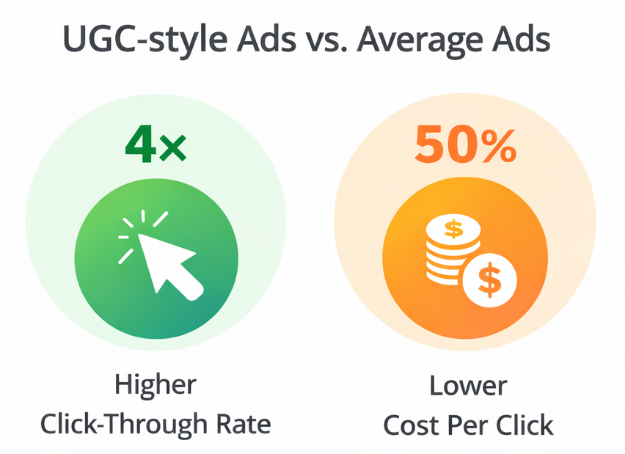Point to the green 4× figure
(x=155, y=144)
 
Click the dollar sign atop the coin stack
(x=454, y=229)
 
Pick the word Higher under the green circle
(x=156, y=387)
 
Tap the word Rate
(x=244, y=424)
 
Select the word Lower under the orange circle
(x=469, y=387)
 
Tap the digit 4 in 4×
(x=139, y=144)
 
